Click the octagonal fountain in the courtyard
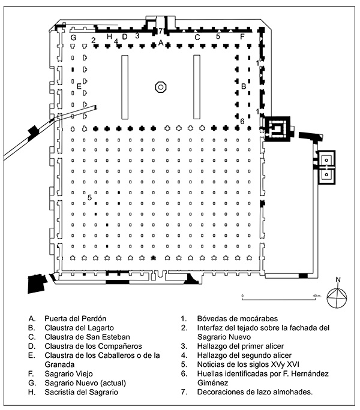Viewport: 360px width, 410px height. [161, 87]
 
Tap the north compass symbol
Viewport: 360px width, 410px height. [337, 298]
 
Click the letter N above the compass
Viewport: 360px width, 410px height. [338, 279]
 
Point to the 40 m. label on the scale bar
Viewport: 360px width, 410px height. [317, 296]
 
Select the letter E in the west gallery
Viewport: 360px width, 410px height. [79, 86]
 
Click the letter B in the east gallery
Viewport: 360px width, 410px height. [244, 86]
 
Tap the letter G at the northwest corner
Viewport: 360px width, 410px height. [74, 38]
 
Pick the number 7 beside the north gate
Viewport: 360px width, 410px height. [160, 31]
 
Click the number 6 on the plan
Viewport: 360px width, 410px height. [242, 121]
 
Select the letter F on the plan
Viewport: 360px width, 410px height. [242, 37]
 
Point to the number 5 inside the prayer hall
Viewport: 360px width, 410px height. [89, 197]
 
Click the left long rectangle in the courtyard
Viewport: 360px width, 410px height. [125, 87]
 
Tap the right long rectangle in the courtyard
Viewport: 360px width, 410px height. [197, 87]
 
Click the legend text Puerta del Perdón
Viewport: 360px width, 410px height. [76, 319]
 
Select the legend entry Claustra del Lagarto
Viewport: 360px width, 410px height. [79, 328]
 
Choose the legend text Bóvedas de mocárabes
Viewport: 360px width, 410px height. [238, 319]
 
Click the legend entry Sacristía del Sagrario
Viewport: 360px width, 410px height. [82, 392]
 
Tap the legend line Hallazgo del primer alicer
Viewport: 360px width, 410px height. [241, 346]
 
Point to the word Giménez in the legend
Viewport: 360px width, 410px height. [212, 383]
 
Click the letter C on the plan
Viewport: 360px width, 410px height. [197, 37]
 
